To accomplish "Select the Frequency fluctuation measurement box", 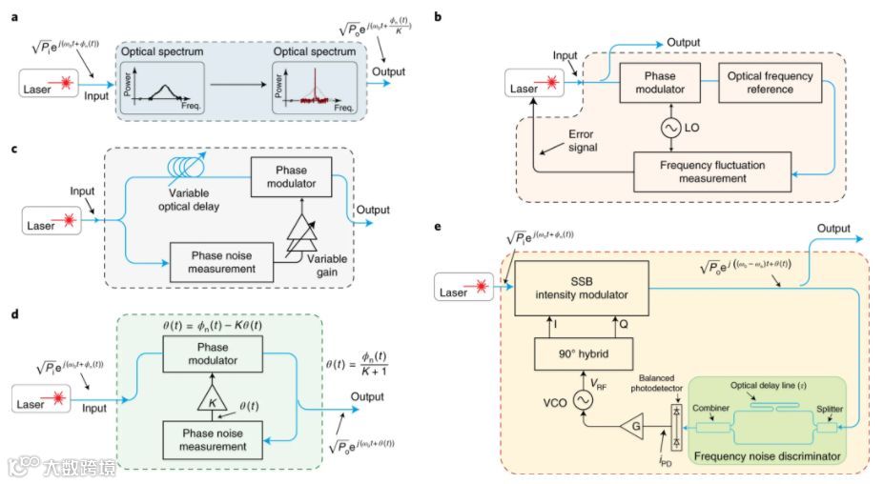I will pyautogui.click(x=713, y=171).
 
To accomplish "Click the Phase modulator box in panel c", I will pyautogui.click(x=292, y=175).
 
